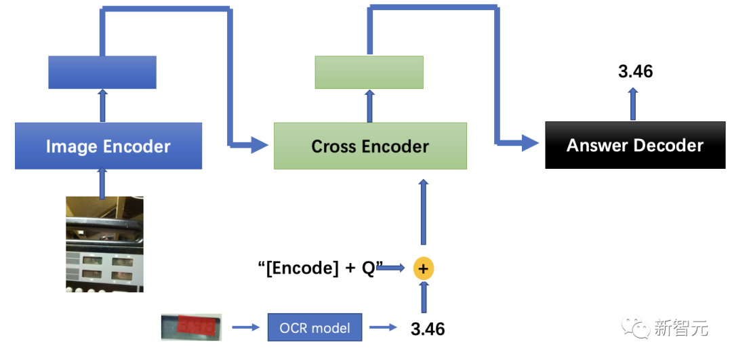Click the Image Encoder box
click(108, 146)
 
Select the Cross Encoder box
click(370, 146)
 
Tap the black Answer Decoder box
click(635, 146)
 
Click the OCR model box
click(314, 328)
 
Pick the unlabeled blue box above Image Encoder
click(102, 72)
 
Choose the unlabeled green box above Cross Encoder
click(369, 72)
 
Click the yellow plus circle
click(424, 269)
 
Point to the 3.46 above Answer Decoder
click(636, 71)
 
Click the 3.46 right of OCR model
click(428, 329)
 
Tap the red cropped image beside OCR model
click(192, 327)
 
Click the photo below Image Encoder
click(104, 244)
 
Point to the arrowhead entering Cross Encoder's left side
click(262, 143)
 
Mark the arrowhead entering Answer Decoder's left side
click(531, 143)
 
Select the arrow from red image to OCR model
click(245, 328)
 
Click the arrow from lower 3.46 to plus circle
click(424, 297)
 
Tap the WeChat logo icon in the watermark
click(638, 328)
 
